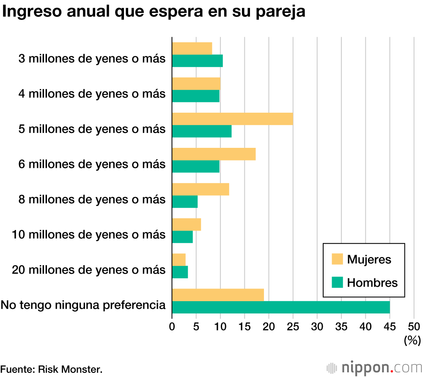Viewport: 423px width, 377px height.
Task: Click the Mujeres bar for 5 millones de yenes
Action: pyautogui.click(x=232, y=119)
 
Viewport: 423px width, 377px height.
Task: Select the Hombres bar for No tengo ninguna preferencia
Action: pyautogui.click(x=280, y=307)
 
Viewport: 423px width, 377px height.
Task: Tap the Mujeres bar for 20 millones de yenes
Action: pyautogui.click(x=179, y=259)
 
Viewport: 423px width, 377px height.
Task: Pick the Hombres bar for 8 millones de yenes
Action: pyautogui.click(x=184, y=202)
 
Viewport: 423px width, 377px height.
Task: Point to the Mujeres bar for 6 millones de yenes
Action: pyautogui.click(x=214, y=154)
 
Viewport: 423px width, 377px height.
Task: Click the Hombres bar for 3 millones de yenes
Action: pyautogui.click(x=197, y=61)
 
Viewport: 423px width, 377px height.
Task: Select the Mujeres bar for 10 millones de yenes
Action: pyautogui.click(x=186, y=224)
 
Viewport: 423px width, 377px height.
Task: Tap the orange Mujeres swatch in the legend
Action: pyautogui.click(x=337, y=259)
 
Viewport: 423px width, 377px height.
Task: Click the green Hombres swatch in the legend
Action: pyautogui.click(x=337, y=283)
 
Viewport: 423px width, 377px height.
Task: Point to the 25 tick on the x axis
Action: pyautogui.click(x=293, y=326)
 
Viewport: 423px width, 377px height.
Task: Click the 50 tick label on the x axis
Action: pyautogui.click(x=414, y=326)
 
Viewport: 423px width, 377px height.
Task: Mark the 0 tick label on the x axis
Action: pyautogui.click(x=172, y=326)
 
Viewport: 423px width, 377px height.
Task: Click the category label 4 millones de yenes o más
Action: pyautogui.click(x=92, y=94)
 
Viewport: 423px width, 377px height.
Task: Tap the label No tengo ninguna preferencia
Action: pyautogui.click(x=83, y=304)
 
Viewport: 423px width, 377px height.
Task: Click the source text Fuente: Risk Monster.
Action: pyautogui.click(x=51, y=369)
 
